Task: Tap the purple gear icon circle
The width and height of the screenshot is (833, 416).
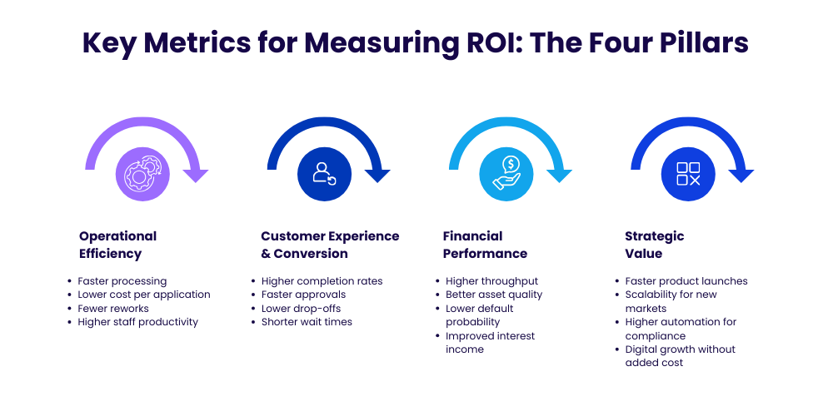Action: click(x=142, y=174)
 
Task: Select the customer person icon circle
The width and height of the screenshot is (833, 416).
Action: click(x=324, y=174)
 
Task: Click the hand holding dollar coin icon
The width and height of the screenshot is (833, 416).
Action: click(x=506, y=174)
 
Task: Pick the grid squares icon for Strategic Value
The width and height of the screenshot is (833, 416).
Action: click(x=688, y=174)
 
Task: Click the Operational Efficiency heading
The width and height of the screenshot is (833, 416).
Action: click(x=117, y=245)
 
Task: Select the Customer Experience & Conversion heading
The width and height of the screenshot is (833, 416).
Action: click(x=330, y=245)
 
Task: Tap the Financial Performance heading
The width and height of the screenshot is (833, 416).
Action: click(x=485, y=245)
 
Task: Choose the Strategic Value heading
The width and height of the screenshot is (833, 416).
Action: click(x=654, y=245)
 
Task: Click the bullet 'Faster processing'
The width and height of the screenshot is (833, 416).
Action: click(x=122, y=281)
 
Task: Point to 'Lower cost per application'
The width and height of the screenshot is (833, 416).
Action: click(x=143, y=295)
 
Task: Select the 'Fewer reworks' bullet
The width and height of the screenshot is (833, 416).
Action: click(x=113, y=309)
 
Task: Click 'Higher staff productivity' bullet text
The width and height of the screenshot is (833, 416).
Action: click(x=137, y=322)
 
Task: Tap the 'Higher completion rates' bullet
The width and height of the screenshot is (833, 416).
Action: click(x=322, y=281)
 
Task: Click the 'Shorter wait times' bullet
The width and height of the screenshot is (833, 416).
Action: click(x=307, y=322)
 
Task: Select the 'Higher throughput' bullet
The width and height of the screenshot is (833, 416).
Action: click(x=491, y=281)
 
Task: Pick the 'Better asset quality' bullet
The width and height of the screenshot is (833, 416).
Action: click(x=494, y=295)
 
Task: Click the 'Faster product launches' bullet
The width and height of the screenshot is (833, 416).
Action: click(x=686, y=281)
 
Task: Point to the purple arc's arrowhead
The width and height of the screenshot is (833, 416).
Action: click(x=197, y=176)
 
